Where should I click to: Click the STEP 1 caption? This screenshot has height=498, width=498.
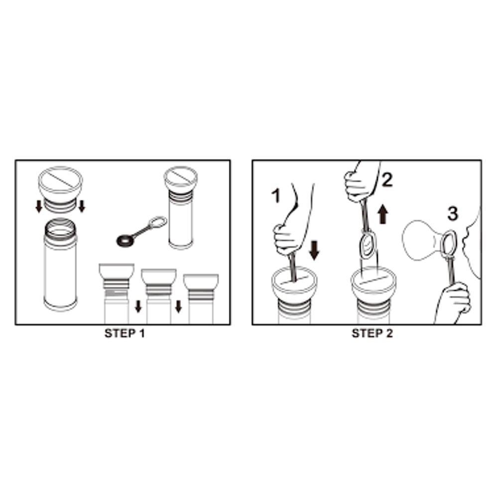pos(124,334)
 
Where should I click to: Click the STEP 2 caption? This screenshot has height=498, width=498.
pos(372,334)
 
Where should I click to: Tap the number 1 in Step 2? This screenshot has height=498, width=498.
pos(276,195)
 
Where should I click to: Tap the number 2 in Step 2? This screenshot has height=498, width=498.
pos(387,180)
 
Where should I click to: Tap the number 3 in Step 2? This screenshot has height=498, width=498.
pos(453,214)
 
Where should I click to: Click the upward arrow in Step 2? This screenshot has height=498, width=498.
pos(383,214)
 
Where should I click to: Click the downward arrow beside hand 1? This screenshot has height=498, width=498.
pos(314,250)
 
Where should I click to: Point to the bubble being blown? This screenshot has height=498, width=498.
pos(423,240)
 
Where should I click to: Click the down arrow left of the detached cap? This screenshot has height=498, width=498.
pos(39,206)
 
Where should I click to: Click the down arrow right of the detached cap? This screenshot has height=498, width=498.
pos(82,206)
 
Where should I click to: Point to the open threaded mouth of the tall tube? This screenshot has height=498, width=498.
pos(60,228)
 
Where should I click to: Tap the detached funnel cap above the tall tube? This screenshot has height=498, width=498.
pos(60,189)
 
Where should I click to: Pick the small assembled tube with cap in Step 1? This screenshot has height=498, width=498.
pos(181,207)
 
